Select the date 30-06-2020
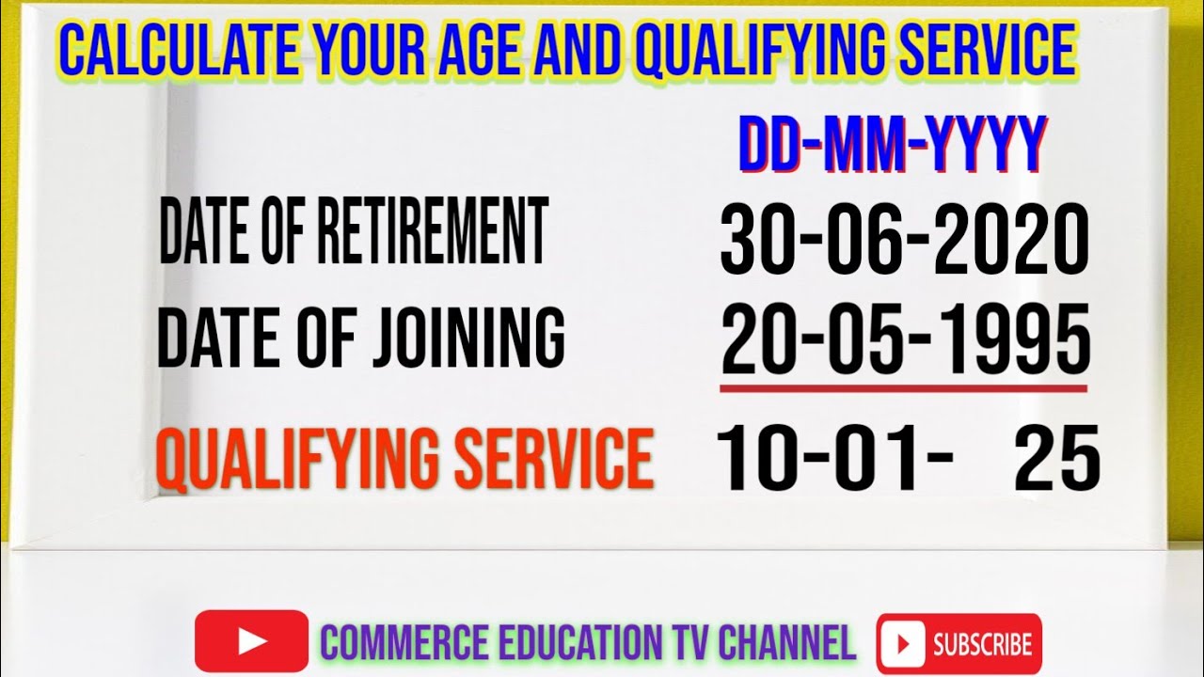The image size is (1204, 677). point(904,240)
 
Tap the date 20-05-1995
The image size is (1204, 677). point(906,340)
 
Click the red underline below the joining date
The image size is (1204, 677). point(904,387)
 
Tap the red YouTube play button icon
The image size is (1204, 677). point(251,641)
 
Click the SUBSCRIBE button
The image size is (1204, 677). point(958,644)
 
